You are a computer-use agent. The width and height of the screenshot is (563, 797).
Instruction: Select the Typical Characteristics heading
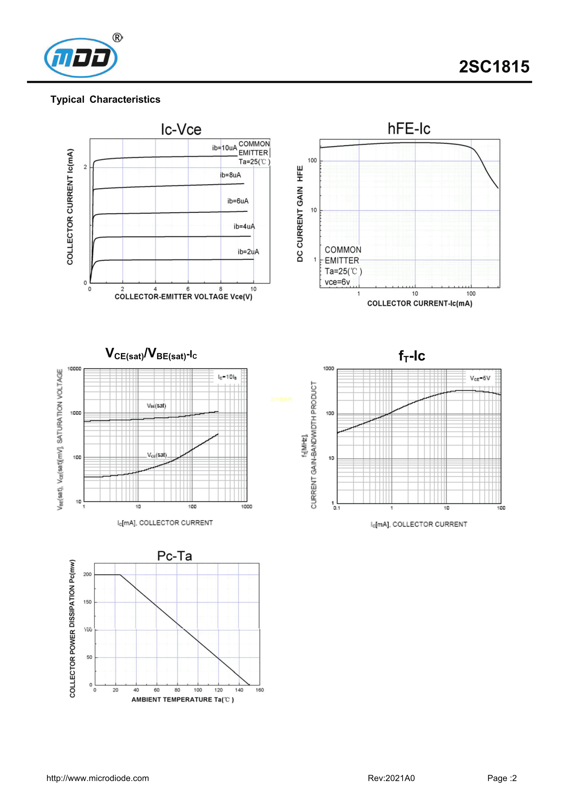105,100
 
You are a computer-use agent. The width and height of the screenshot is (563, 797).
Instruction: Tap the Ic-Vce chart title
181,130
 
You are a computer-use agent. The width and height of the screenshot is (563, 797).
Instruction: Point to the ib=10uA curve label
224,148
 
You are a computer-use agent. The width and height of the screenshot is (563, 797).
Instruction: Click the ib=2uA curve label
248,252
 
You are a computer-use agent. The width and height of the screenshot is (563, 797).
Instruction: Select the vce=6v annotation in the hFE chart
337,282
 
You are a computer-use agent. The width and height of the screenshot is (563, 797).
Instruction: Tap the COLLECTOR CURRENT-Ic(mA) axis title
419,303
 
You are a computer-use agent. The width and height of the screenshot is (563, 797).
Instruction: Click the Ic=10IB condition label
227,377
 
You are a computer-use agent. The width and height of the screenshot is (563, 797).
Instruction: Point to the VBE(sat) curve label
156,406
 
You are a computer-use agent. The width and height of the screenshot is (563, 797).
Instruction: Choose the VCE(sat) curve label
157,455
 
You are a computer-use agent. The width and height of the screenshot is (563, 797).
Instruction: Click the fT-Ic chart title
412,356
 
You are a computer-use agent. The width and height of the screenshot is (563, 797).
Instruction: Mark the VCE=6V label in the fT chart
480,378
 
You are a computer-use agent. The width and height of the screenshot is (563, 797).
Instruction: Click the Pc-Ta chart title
174,556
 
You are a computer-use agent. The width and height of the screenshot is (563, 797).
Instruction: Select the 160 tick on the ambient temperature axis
260,690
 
